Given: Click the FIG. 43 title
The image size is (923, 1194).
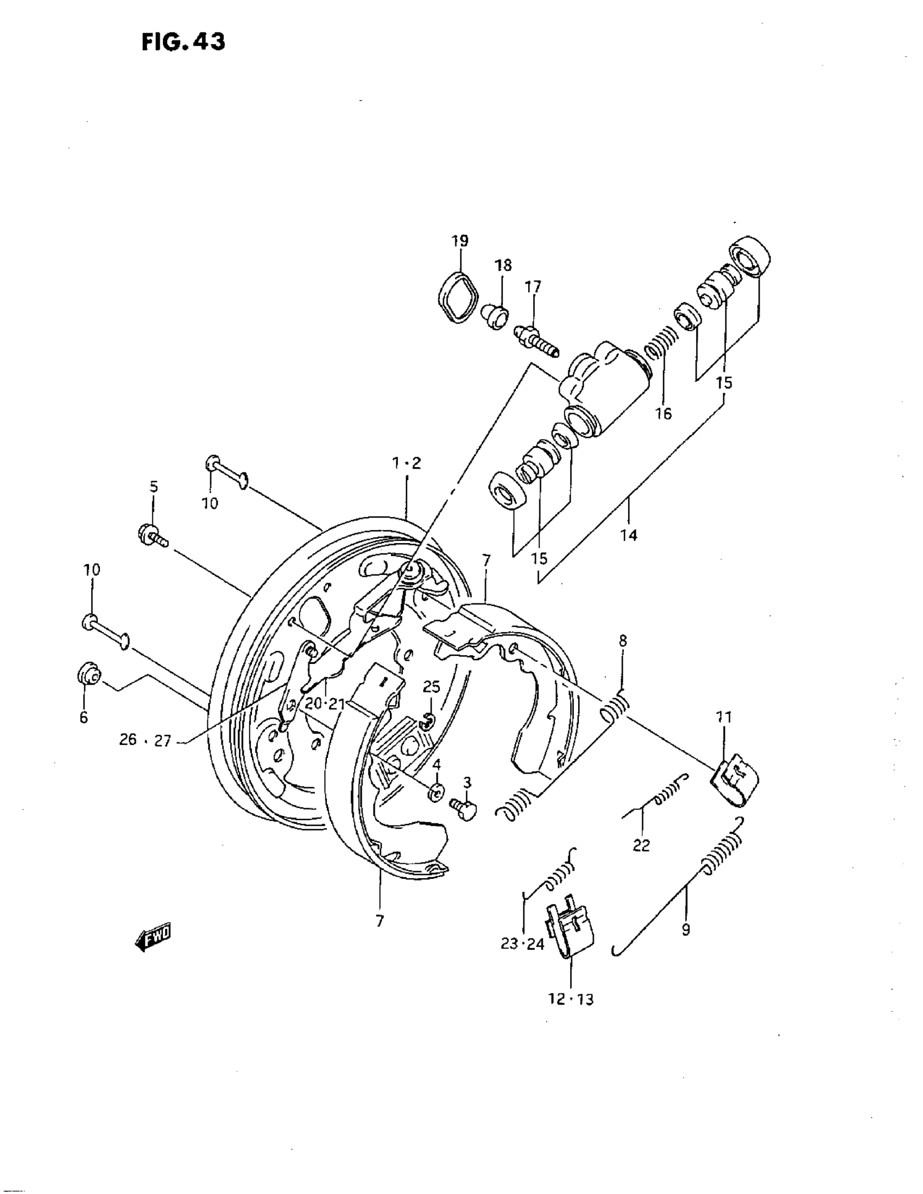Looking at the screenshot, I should click(x=183, y=42).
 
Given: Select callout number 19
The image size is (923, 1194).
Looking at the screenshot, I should click(x=459, y=240).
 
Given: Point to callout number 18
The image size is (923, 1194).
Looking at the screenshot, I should click(x=503, y=266).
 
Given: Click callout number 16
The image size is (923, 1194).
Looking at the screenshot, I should click(x=663, y=414).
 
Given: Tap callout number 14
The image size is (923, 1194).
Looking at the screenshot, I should click(x=629, y=535).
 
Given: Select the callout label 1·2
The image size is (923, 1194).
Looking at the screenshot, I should click(x=407, y=464).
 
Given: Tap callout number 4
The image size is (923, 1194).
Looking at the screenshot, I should click(x=437, y=764).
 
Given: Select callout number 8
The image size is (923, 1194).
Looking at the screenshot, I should click(x=623, y=641).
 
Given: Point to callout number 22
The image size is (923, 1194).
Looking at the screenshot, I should click(x=641, y=845).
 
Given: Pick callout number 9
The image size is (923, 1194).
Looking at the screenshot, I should click(x=686, y=929).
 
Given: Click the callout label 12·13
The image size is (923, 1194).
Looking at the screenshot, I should click(x=571, y=999).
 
